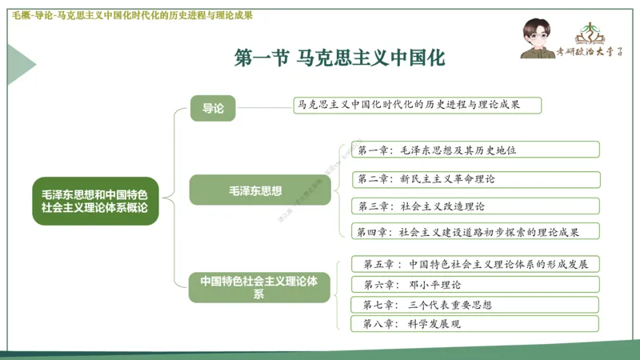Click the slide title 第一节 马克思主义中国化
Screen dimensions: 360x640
339,59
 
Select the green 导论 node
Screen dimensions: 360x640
213,108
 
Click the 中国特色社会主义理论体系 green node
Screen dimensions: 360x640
258,287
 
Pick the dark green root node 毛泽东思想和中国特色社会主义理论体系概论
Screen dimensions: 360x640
96,200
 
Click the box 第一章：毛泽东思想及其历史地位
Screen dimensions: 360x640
475,150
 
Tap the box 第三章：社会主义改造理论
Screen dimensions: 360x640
475,206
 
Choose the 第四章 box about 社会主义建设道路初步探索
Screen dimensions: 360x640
475,232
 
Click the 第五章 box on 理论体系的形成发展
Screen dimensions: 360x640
475,264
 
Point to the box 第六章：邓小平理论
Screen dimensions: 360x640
475,284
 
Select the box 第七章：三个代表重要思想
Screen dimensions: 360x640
475,304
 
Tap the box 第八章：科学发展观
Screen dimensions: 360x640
475,324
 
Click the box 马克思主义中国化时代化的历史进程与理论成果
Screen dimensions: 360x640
418,106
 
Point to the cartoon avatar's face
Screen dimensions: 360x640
538,34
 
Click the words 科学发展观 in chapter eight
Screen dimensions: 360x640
434,324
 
